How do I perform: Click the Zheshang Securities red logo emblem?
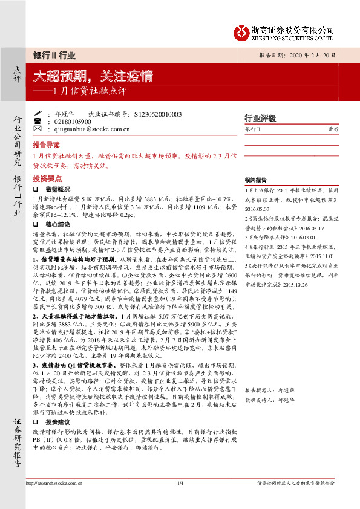[242, 31]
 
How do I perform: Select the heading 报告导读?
[47, 145]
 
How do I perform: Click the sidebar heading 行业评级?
[260, 118]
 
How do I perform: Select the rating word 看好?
[332, 129]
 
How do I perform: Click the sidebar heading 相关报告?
[256, 180]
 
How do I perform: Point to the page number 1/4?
[180, 499]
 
